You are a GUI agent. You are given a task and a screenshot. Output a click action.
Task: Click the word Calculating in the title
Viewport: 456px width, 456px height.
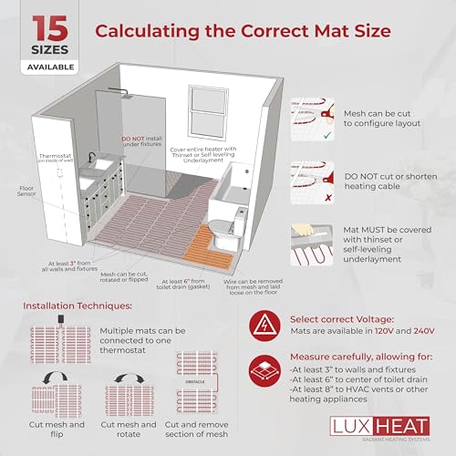point(151,31)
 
